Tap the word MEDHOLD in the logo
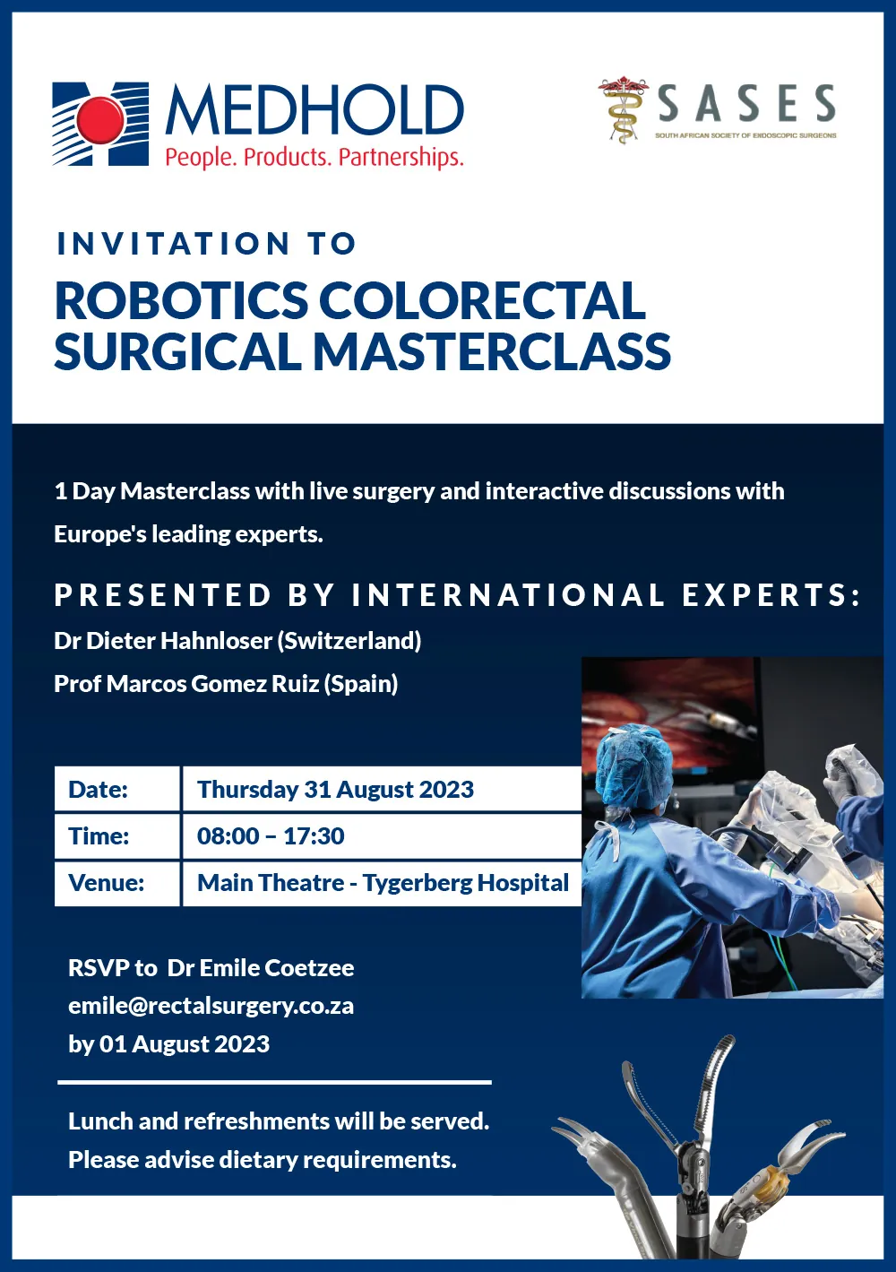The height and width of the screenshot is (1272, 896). pyautogui.click(x=314, y=110)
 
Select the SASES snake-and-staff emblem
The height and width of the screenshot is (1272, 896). pyautogui.click(x=623, y=109)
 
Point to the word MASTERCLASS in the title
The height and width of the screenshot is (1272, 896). pyautogui.click(x=491, y=351)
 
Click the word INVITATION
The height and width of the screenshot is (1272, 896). pyautogui.click(x=173, y=244)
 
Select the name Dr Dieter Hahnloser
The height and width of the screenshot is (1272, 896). pyautogui.click(x=163, y=641)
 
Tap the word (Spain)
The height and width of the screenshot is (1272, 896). pyautogui.click(x=361, y=684)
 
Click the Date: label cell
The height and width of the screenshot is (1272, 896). pyautogui.click(x=116, y=789)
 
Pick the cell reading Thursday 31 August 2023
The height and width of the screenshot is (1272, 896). pyautogui.click(x=382, y=789)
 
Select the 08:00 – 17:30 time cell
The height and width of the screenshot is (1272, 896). pyautogui.click(x=382, y=835)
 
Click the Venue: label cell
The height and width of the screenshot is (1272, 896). pyautogui.click(x=116, y=883)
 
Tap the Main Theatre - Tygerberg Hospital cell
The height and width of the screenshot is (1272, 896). pyautogui.click(x=382, y=883)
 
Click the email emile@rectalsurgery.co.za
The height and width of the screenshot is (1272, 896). pyautogui.click(x=211, y=1007)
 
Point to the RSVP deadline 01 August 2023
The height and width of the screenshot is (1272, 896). pyautogui.click(x=185, y=1043)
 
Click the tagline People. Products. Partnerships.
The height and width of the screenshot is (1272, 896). pyautogui.click(x=314, y=157)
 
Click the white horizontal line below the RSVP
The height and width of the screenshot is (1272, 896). pyautogui.click(x=275, y=1082)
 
